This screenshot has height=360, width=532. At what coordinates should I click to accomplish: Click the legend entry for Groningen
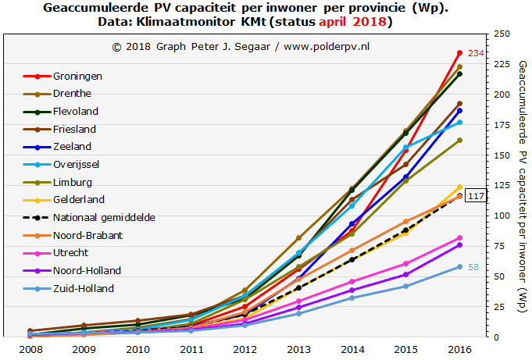click(77, 76)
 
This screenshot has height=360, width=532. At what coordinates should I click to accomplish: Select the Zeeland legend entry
click(72, 146)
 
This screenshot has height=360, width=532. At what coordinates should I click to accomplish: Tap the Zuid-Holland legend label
click(84, 288)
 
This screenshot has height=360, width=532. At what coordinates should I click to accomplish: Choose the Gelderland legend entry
click(79, 199)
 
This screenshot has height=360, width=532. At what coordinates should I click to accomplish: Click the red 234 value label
click(477, 53)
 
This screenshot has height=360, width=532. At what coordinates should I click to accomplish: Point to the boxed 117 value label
click(475, 196)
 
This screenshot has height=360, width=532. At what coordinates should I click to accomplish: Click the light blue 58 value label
click(474, 267)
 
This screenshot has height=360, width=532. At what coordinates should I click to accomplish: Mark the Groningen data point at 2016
click(459, 53)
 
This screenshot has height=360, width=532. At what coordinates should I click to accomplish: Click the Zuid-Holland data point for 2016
click(459, 266)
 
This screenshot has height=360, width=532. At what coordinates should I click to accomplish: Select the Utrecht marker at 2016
click(459, 237)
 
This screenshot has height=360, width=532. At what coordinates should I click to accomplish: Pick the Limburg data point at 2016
click(459, 140)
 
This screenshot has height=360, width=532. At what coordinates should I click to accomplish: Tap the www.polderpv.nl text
click(326, 47)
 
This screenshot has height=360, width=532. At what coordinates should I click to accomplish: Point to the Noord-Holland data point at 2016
click(459, 244)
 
